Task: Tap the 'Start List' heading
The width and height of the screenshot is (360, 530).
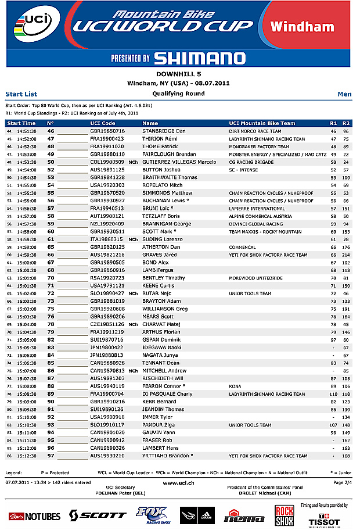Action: pyautogui.click(x=21, y=94)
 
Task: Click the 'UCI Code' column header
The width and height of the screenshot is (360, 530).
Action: pyautogui.click(x=103, y=123)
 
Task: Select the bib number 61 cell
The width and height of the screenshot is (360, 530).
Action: pyautogui.click(x=51, y=239)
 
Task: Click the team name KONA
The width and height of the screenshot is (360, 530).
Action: pyautogui.click(x=236, y=386)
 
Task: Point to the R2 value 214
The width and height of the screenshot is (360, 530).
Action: pyautogui.click(x=346, y=255)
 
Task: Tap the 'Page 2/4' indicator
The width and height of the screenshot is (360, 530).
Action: pyautogui.click(x=342, y=482)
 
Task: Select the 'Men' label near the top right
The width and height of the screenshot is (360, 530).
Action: pyautogui.click(x=344, y=94)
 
